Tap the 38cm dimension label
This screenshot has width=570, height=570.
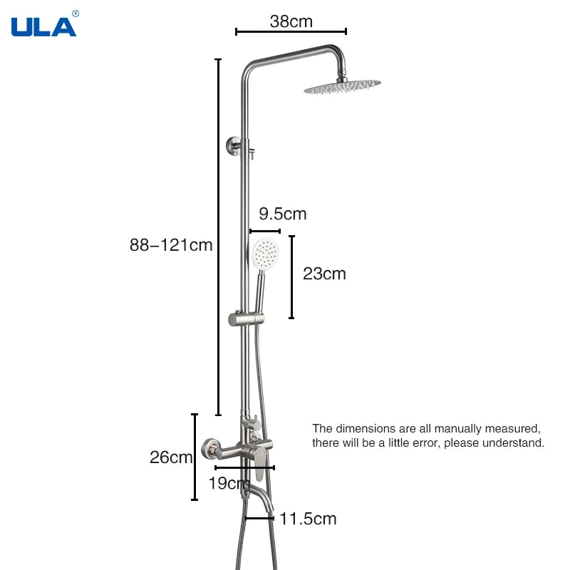coord(291,21)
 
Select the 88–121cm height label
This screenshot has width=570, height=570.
coord(171,245)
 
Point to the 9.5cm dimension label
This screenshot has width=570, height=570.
coord(283,214)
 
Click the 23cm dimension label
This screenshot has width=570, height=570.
coord(324,274)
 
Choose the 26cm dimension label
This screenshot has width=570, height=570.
coord(171,457)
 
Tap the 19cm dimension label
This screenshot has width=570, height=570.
coord(229,483)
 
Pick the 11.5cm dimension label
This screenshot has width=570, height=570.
coord(308,519)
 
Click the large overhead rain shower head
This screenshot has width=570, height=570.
coord(343,86)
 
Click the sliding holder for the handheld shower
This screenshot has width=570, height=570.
coord(246,318)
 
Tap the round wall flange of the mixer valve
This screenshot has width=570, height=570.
coord(210,449)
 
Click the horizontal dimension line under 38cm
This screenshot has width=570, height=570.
coord(291,31)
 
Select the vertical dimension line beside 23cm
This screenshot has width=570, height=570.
coord(291,277)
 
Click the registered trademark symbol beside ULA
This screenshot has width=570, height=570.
coord(76,14)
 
